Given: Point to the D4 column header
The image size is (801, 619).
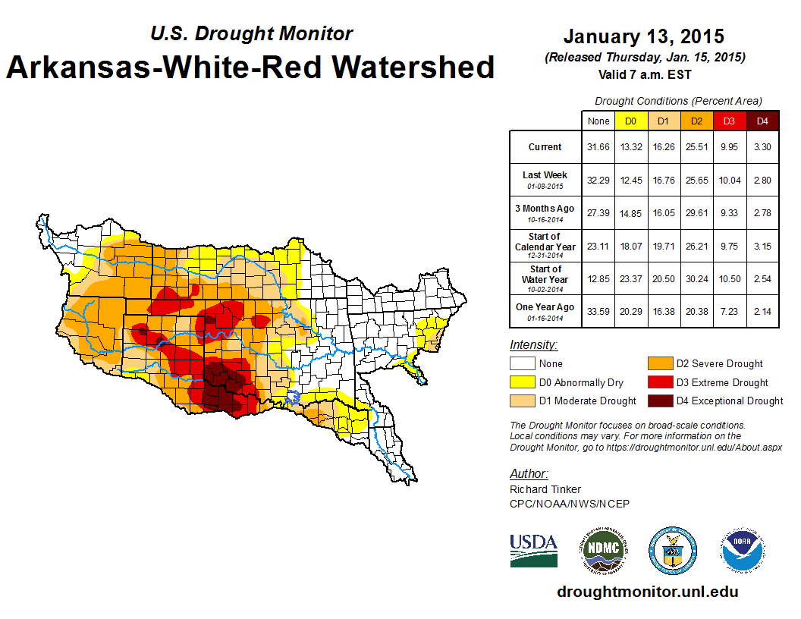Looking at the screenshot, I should click(x=762, y=121).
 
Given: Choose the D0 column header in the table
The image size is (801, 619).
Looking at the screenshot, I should click(x=630, y=121).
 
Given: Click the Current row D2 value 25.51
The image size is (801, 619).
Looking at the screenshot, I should click(x=697, y=147).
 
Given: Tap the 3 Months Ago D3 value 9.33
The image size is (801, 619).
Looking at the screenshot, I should click(x=729, y=213).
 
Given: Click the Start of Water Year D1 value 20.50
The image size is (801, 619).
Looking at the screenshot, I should click(x=664, y=278).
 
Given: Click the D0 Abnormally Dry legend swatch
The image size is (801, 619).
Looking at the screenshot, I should click(x=522, y=382).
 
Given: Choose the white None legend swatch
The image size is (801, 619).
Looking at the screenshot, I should click(x=522, y=364).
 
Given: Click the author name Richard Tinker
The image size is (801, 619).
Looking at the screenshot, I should click(x=545, y=489).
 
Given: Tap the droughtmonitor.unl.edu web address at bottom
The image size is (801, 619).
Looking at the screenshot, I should click(x=647, y=592).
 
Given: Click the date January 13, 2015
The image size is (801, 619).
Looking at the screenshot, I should click(x=643, y=36).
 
